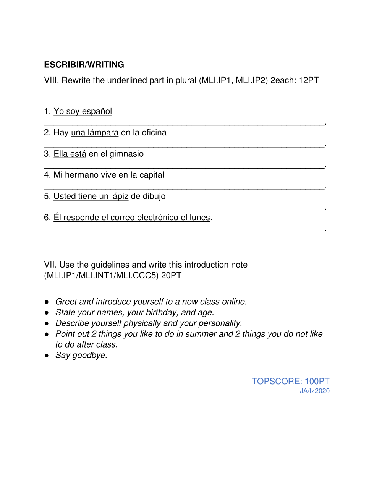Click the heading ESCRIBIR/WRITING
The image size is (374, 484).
tap(84, 65)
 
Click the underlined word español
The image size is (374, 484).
tap(97, 111)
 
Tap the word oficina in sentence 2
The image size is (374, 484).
tap(154, 133)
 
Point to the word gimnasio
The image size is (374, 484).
tap(126, 154)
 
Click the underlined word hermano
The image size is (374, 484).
tap(83, 175)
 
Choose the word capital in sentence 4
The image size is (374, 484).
tap(152, 175)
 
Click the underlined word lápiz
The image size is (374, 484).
tap(120, 197)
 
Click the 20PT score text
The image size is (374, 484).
tap(171, 276)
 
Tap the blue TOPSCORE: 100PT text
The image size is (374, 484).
tap(290, 381)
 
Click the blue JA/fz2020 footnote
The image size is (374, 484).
tap(314, 391)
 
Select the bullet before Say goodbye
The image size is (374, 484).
tap(47, 356)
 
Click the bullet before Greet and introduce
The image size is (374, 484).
tap(47, 302)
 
